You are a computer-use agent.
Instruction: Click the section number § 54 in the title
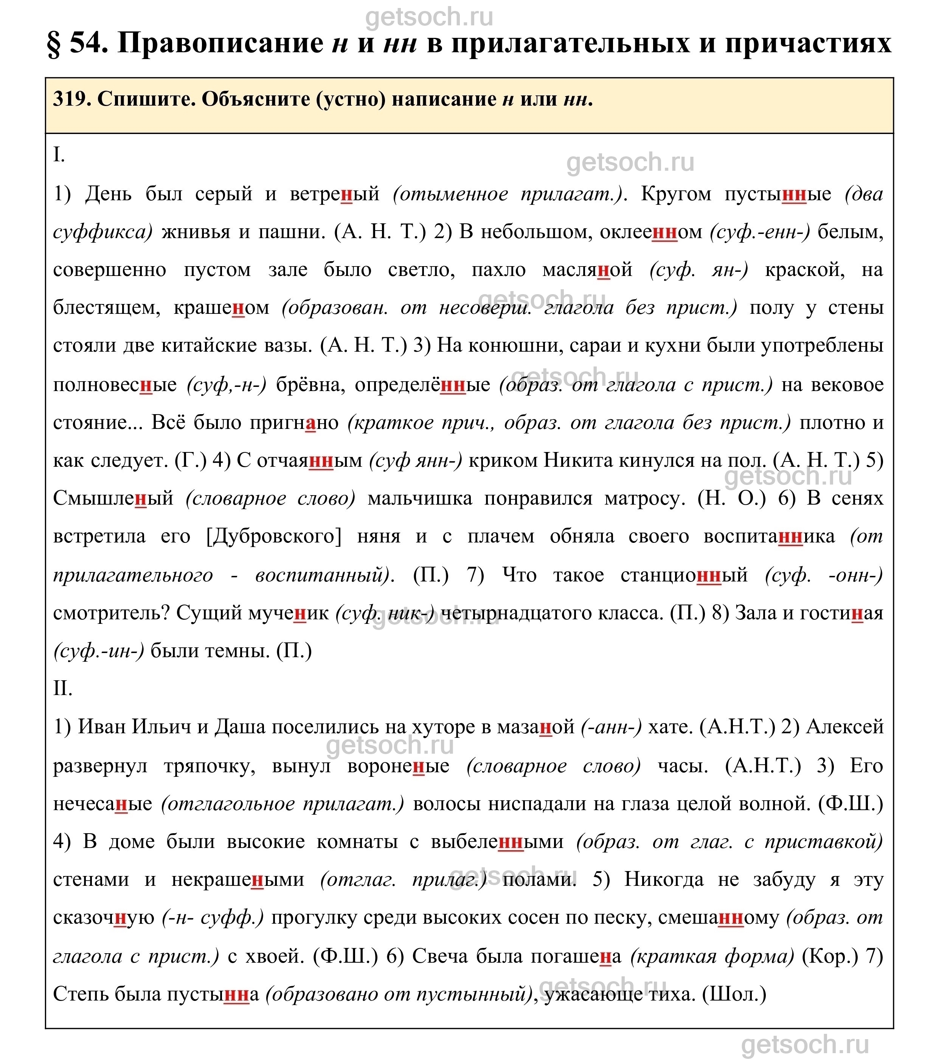click(78, 43)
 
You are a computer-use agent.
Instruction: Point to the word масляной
click(587, 270)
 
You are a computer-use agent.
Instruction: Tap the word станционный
click(684, 575)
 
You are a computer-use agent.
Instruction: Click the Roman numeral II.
click(62, 689)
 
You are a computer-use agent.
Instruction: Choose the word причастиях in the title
click(808, 43)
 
